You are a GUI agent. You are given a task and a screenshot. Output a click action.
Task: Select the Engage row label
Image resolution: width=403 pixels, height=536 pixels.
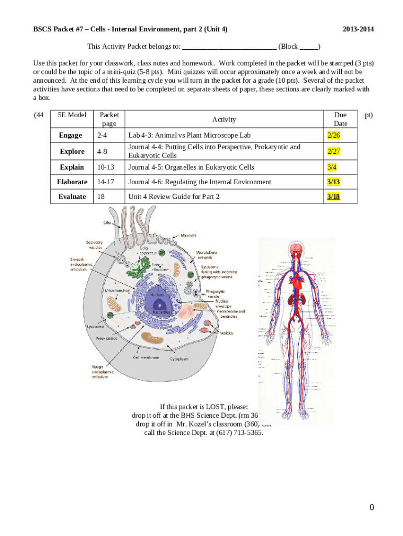[x=70, y=136]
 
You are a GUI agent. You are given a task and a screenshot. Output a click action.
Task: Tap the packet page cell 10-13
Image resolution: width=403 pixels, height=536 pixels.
[x=106, y=167]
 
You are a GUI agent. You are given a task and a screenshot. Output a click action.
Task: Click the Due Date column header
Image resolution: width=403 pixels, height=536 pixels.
[x=340, y=119]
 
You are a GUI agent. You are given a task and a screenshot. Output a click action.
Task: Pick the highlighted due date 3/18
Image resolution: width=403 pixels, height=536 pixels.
[x=333, y=197]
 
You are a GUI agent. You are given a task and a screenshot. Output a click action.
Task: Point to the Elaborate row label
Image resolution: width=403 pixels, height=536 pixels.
[x=72, y=182]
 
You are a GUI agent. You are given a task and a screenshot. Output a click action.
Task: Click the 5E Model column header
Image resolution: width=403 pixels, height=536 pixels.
[x=72, y=115]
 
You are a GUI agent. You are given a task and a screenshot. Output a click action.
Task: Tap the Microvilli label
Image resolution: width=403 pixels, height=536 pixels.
[x=189, y=236]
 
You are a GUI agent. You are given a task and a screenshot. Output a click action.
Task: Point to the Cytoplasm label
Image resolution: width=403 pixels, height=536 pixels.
[x=180, y=359]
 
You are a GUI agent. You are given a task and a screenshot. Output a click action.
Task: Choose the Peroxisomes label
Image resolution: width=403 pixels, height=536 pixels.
[x=106, y=338]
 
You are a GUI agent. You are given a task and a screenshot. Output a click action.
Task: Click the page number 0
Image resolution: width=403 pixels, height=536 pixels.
[x=372, y=507]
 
